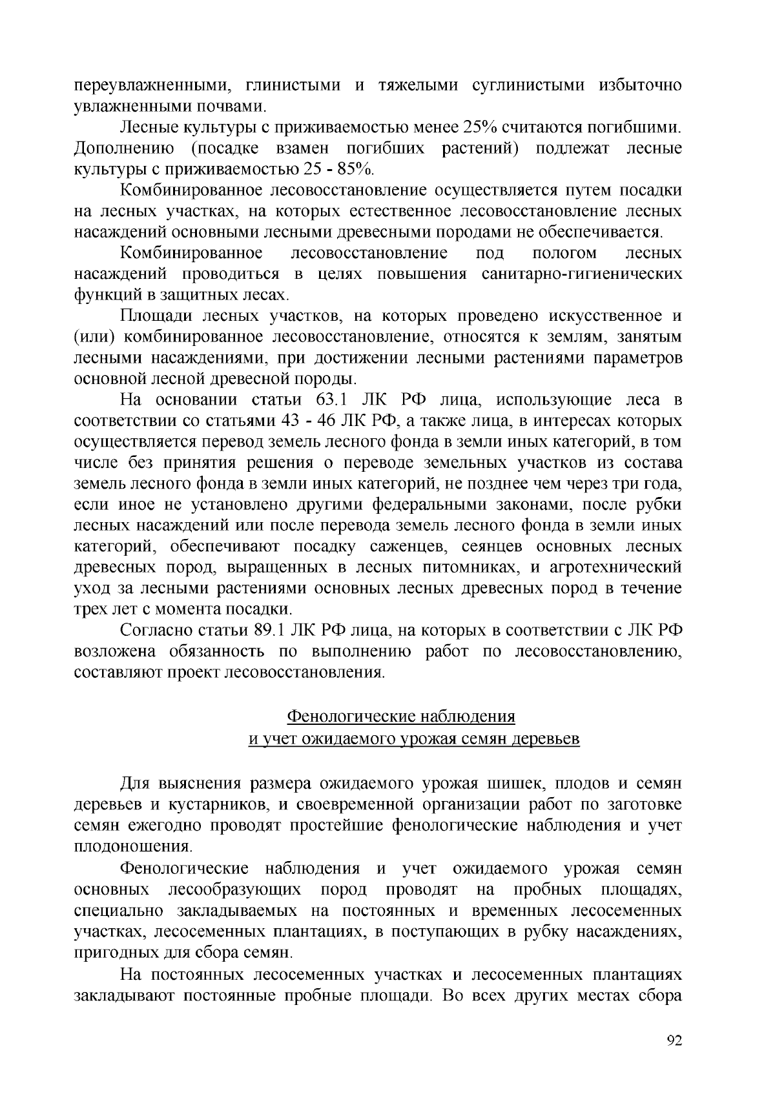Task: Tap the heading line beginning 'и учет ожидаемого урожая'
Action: (414, 738)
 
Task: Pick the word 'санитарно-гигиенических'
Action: (582, 274)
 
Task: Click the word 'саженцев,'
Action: (402, 547)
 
